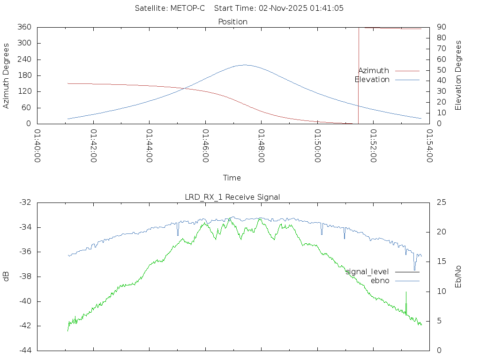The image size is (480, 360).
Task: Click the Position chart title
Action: point(232,22)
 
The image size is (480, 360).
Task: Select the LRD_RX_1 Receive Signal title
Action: point(232,197)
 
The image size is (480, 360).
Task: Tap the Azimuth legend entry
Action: point(374,70)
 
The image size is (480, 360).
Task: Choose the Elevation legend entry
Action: point(372,80)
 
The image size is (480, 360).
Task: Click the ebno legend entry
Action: point(380,280)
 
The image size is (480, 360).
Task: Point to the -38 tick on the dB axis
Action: point(25,277)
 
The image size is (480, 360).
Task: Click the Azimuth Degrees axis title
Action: point(7,75)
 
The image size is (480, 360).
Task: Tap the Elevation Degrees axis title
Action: point(458,75)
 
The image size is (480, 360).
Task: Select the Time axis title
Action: point(232,178)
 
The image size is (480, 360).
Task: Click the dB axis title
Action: point(7,277)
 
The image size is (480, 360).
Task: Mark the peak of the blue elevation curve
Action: point(244,65)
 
